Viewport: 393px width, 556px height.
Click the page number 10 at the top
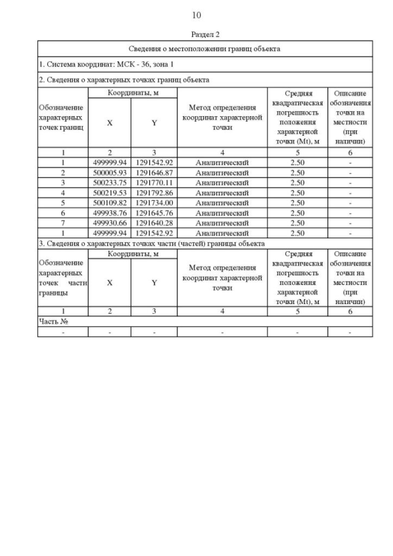[x=196, y=15]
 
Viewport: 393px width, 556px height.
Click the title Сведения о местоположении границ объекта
[x=205, y=49]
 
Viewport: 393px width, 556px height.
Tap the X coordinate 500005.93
[x=109, y=173]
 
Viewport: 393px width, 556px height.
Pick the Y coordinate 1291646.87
[x=154, y=173]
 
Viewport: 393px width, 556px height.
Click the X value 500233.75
[x=109, y=182]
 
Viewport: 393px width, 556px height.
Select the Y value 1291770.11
[x=154, y=182]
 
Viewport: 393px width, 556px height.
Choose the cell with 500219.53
[x=109, y=193]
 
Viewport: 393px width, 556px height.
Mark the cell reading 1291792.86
[x=154, y=193]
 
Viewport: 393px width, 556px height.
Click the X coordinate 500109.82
[x=109, y=203]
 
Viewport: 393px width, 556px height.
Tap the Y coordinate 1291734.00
[x=154, y=203]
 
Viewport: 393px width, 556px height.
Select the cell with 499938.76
[x=109, y=213]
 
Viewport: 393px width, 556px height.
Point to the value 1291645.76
[x=154, y=213]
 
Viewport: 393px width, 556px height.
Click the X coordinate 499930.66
[x=109, y=223]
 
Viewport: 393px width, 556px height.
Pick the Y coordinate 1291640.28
[x=154, y=223]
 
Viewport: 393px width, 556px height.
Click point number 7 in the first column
[x=63, y=223]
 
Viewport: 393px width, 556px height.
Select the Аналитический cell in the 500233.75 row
[x=222, y=182]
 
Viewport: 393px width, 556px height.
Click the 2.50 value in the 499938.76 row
[x=297, y=213]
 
